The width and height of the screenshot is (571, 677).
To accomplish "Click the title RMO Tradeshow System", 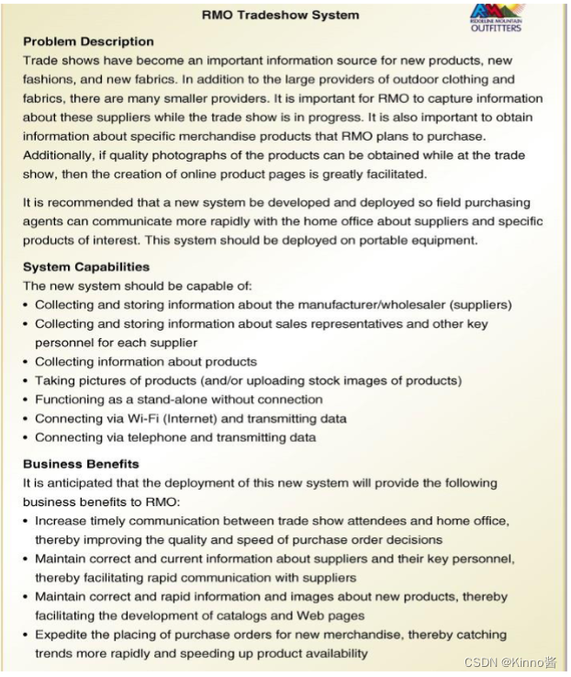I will point(280,16).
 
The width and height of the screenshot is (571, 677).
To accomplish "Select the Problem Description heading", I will point(88,42).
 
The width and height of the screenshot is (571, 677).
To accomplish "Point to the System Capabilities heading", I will point(86,267).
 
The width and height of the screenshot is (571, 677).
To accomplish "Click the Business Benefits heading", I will point(81,464).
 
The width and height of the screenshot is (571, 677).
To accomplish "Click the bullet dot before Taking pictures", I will point(26,381).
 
